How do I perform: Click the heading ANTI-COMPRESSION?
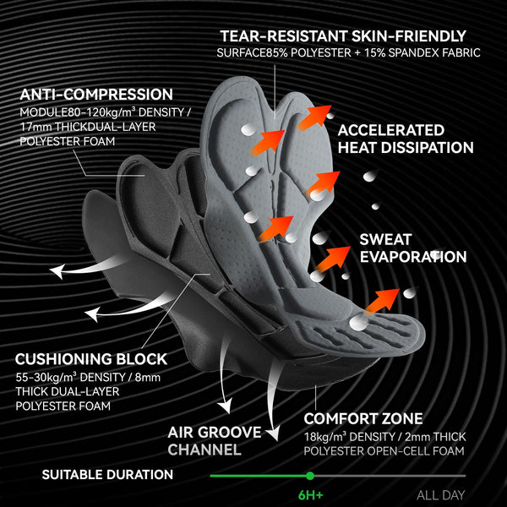[96, 95]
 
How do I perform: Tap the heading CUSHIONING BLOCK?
[91, 359]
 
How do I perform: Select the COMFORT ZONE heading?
[363, 419]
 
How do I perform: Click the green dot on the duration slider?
[310, 476]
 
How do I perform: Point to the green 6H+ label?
[311, 495]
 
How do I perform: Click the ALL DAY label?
[441, 495]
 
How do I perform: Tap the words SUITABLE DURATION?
[107, 475]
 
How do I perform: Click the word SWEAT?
[385, 240]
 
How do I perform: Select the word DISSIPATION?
[427, 147]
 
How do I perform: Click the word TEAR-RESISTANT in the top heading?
[284, 35]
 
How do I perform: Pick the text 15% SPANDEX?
[406, 52]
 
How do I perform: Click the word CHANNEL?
[204, 450]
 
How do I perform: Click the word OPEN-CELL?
[397, 451]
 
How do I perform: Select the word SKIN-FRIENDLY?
[409, 35]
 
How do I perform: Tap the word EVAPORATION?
[413, 257]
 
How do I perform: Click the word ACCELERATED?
[391, 130]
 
